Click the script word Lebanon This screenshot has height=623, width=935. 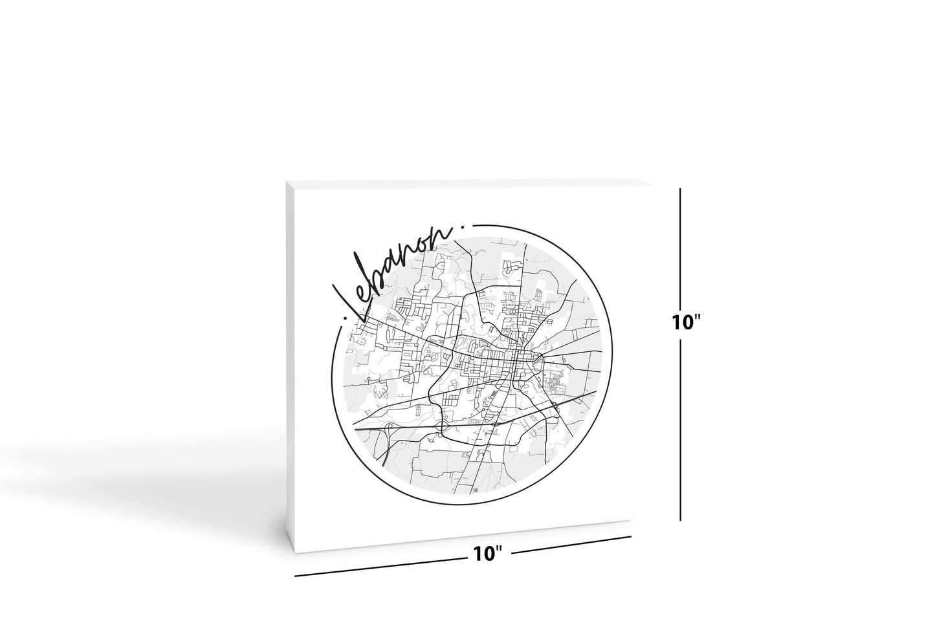(x=395, y=272)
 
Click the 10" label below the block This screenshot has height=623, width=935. (x=488, y=554)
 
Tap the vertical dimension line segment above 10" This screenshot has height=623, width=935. (x=680, y=246)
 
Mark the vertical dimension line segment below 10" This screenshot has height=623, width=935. (x=680, y=421)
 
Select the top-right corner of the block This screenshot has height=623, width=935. (x=630, y=179)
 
